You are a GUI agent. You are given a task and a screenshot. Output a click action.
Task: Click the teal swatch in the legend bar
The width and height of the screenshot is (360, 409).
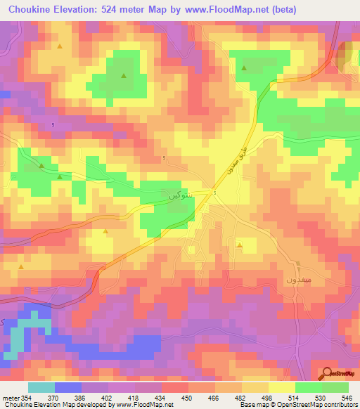tap(41, 387)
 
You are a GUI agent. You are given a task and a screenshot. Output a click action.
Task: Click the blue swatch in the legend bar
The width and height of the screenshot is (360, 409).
tap(67, 387)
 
